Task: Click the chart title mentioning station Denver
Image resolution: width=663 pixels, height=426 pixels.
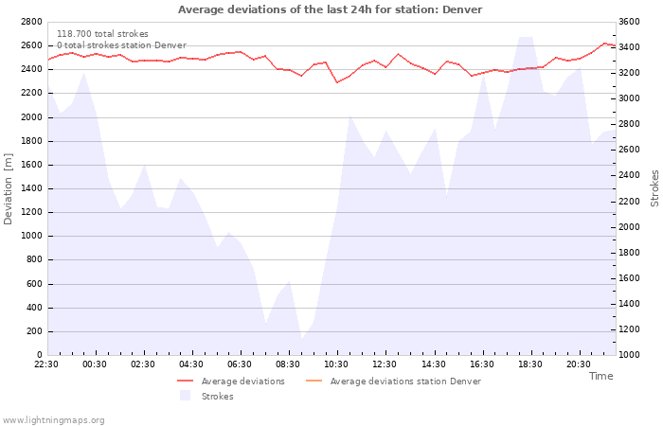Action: pyautogui.click(x=330, y=9)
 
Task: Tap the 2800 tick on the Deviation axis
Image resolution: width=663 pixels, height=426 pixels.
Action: pyautogui.click(x=31, y=22)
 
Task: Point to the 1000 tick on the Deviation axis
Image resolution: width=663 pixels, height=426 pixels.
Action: pyautogui.click(x=31, y=236)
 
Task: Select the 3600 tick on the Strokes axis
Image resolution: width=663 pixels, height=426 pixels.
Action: pyautogui.click(x=629, y=22)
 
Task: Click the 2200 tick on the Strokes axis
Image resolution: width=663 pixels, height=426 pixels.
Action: pyautogui.click(x=629, y=201)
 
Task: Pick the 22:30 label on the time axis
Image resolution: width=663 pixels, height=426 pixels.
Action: pyautogui.click(x=46, y=364)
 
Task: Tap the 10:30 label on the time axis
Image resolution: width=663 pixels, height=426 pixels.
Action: pyautogui.click(x=336, y=364)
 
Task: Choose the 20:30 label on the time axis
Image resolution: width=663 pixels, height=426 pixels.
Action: pyautogui.click(x=579, y=364)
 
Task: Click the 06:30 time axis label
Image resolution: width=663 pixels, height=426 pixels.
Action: pyautogui.click(x=240, y=364)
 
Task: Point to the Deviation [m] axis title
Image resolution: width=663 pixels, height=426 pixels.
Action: pyautogui.click(x=8, y=189)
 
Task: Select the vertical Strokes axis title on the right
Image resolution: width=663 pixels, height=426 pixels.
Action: pyautogui.click(x=654, y=188)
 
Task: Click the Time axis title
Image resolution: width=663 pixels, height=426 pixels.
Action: pyautogui.click(x=600, y=376)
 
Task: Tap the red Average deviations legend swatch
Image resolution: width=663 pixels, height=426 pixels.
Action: pyautogui.click(x=186, y=381)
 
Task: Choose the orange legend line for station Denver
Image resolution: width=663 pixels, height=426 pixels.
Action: pyautogui.click(x=314, y=381)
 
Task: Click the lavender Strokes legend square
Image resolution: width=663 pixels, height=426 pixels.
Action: pyautogui.click(x=186, y=395)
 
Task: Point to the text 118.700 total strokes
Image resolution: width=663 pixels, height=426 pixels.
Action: pyautogui.click(x=102, y=34)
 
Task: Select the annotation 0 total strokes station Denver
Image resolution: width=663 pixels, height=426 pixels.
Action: pyautogui.click(x=122, y=45)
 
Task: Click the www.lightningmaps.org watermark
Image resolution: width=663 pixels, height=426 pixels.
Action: pyautogui.click(x=52, y=420)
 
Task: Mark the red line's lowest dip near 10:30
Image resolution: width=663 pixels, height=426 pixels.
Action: pyautogui.click(x=337, y=82)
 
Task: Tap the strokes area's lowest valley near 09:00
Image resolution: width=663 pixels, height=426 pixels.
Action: pyautogui.click(x=302, y=339)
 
